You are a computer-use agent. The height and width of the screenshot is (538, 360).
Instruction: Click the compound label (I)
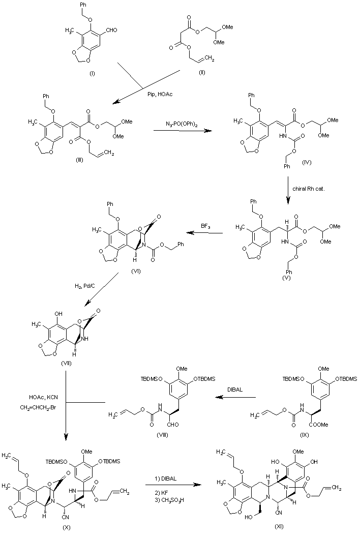[92, 74]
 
